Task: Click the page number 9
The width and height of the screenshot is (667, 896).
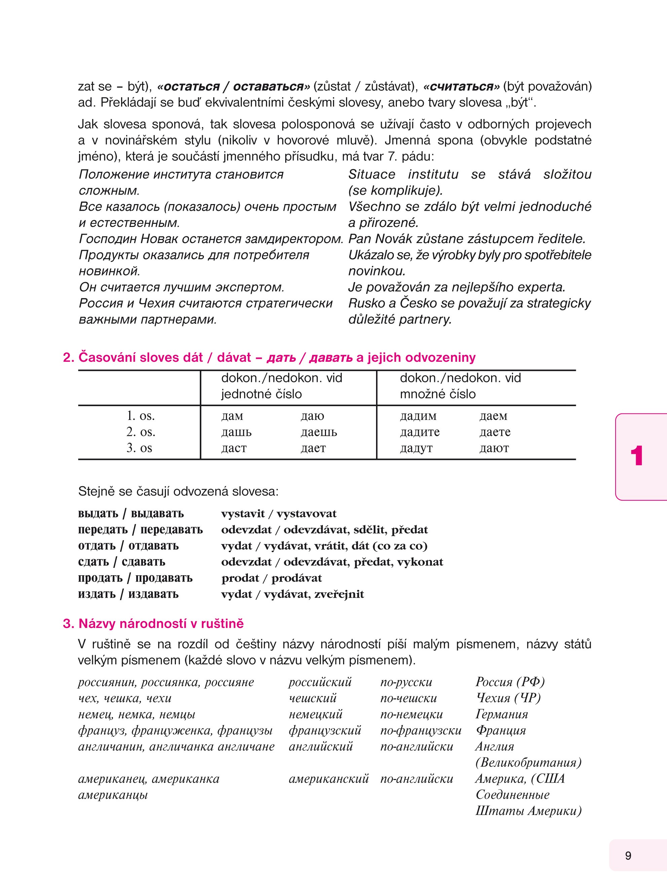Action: (628, 856)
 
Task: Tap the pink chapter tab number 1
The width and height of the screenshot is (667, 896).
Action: (637, 456)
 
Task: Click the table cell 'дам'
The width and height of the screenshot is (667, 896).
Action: (232, 416)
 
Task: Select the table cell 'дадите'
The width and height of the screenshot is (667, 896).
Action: (419, 432)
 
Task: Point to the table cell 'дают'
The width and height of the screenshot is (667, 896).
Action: (494, 448)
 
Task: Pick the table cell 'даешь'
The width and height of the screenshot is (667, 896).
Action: (319, 432)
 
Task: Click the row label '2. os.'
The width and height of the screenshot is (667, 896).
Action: (141, 432)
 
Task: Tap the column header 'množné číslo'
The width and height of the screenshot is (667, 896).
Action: (438, 394)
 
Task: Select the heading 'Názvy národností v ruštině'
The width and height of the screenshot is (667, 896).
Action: (161, 624)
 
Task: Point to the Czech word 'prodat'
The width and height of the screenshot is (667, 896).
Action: (240, 578)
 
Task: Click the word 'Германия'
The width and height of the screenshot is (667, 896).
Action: (502, 714)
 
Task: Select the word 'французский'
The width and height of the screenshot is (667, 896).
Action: (325, 731)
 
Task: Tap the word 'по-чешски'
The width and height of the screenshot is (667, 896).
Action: (409, 698)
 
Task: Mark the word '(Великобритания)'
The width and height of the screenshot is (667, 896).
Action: (528, 763)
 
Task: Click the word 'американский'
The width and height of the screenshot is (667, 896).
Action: (329, 779)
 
